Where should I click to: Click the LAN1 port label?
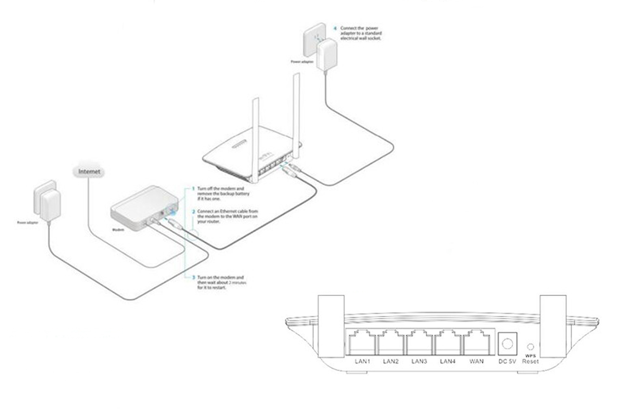pyautogui.click(x=362, y=361)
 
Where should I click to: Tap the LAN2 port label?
pyautogui.click(x=391, y=361)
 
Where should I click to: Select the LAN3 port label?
pyautogui.click(x=419, y=361)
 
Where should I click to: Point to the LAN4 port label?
pyautogui.click(x=447, y=361)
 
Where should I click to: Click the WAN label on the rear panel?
pyautogui.click(x=476, y=361)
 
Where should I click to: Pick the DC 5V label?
pyautogui.click(x=507, y=361)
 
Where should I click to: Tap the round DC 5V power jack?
pyautogui.click(x=508, y=343)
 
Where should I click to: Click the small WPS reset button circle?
pyautogui.click(x=531, y=347)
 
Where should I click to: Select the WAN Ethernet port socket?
pyautogui.click(x=476, y=343)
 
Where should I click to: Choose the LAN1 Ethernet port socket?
pyautogui.click(x=362, y=343)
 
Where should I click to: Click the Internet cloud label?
pyautogui.click(x=89, y=172)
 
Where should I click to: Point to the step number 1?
pyautogui.click(x=193, y=189)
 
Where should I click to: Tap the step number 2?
pyautogui.click(x=193, y=212)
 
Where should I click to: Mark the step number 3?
pyautogui.click(x=193, y=278)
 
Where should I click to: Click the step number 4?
pyautogui.click(x=335, y=28)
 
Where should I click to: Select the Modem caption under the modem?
pyautogui.click(x=118, y=229)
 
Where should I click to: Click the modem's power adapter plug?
pyautogui.click(x=50, y=205)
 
